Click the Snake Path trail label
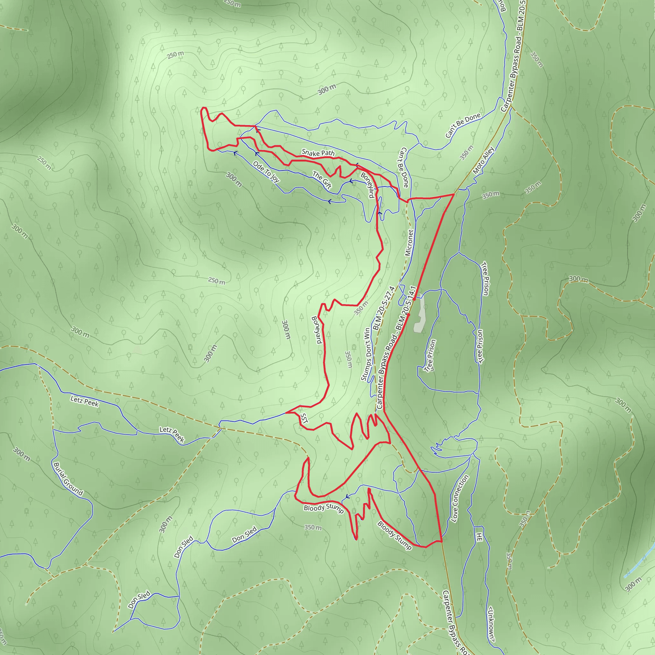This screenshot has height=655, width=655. [x=318, y=153]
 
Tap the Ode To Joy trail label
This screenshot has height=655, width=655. [x=266, y=172]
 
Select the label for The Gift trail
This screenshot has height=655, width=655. [x=322, y=180]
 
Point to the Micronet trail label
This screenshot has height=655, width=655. [x=409, y=243]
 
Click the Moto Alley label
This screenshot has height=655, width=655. [x=484, y=160]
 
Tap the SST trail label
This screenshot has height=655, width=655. [x=304, y=418]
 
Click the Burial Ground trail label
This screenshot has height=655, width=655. [x=68, y=479]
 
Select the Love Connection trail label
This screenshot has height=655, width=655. [x=460, y=498]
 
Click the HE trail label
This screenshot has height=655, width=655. [x=479, y=537]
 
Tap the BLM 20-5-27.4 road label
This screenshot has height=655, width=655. [x=384, y=308]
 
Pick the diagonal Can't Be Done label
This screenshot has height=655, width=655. [x=463, y=125]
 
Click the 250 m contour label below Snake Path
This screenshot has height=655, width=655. [x=217, y=281]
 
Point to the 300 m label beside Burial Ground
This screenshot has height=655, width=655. [x=21, y=454]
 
